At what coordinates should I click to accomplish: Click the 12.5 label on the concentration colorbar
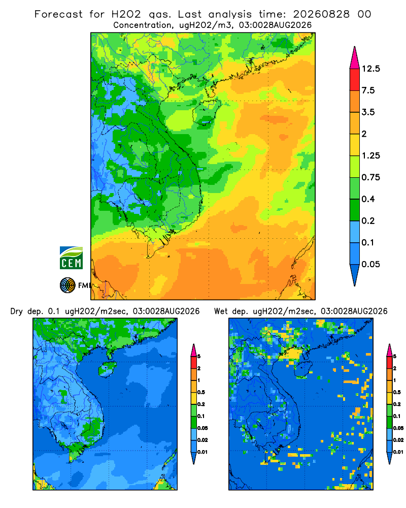pyautogui.click(x=370, y=69)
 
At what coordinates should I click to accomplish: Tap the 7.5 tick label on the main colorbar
pyautogui.click(x=368, y=90)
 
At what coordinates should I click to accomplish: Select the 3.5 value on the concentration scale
pyautogui.click(x=368, y=112)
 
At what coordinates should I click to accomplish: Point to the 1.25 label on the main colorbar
pyautogui.click(x=370, y=155)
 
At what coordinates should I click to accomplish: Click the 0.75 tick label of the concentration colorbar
pyautogui.click(x=370, y=177)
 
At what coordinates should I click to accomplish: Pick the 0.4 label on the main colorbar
pyautogui.click(x=368, y=199)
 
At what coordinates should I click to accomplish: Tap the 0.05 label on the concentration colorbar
pyautogui.click(x=370, y=264)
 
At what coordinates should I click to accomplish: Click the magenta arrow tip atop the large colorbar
pyautogui.click(x=355, y=47)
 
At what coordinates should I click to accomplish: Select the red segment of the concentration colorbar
pyautogui.click(x=355, y=80)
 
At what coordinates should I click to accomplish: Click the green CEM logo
pyautogui.click(x=71, y=258)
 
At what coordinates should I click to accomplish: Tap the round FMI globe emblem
pyautogui.click(x=67, y=285)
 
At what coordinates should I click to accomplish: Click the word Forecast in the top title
pyautogui.click(x=58, y=14)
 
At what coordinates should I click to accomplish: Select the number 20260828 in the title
pyautogui.click(x=321, y=14)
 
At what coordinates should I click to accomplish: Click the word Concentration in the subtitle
pyautogui.click(x=143, y=25)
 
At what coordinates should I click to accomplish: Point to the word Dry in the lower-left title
pyautogui.click(x=17, y=311)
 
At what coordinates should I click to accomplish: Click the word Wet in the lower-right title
pyautogui.click(x=221, y=311)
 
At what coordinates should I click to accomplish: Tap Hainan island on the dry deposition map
pyautogui.click(x=107, y=369)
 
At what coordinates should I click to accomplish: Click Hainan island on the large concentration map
pyautogui.click(x=206, y=112)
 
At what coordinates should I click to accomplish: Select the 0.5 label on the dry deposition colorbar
pyautogui.click(x=201, y=392)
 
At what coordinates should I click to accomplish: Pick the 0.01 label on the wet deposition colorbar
pyautogui.click(x=398, y=452)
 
